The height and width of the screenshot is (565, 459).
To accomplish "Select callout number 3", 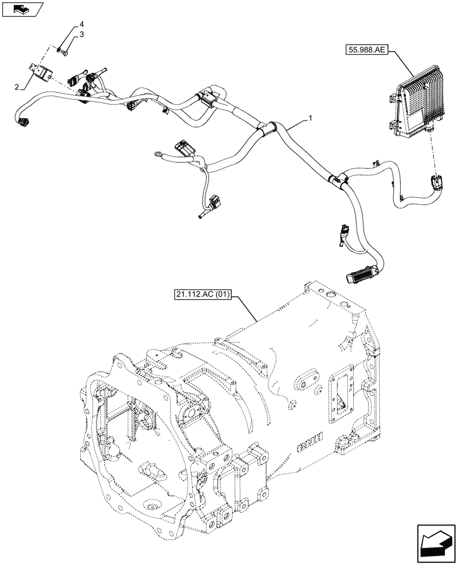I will click(x=81, y=35).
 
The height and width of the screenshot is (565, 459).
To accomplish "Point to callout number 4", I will click(x=81, y=24).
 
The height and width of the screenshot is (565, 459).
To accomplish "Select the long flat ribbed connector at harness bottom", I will click(x=360, y=276).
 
